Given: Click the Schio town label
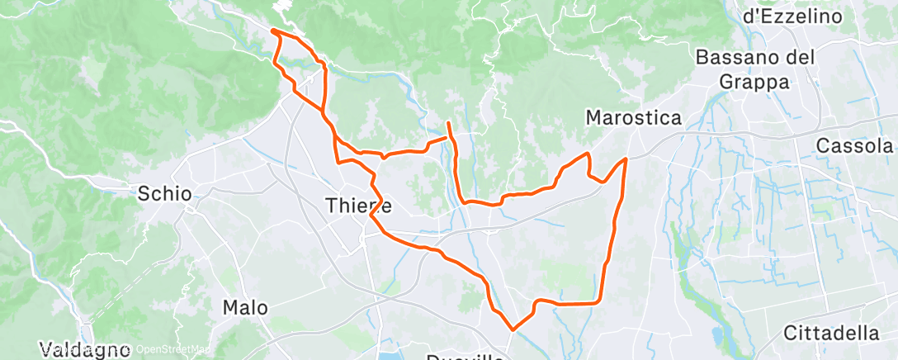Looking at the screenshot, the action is tap(165, 195).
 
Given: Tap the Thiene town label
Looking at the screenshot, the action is tap(358, 204).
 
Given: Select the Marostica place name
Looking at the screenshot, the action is tap(633, 118).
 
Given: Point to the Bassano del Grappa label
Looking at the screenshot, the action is tap(755, 69).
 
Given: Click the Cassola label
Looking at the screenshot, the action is tap(854, 145).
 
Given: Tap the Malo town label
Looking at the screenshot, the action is tap(245, 308).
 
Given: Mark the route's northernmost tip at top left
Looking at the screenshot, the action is tap(272, 31).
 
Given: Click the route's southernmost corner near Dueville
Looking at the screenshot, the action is tap(513, 329).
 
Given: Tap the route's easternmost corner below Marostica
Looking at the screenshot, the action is tap(626, 159).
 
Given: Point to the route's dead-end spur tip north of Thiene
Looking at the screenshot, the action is tap(448, 123).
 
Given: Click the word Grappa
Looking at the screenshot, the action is tap(755, 81).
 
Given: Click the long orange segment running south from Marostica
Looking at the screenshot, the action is tap(613, 239).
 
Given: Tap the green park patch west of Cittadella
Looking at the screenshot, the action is tap(693, 272).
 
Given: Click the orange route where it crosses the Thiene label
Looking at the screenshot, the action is tap(375, 204).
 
